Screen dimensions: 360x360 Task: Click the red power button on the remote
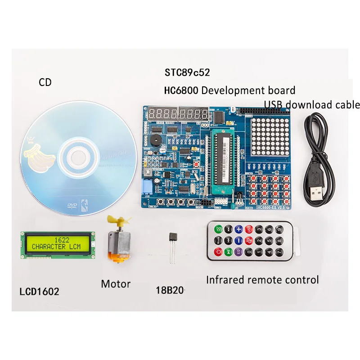pos(219,252)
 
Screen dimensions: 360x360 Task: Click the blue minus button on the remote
pos(239,240)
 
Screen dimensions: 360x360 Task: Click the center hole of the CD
pos(79,156)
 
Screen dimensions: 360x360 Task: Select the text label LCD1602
pos(40,291)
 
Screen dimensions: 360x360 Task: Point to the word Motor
pos(116,284)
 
